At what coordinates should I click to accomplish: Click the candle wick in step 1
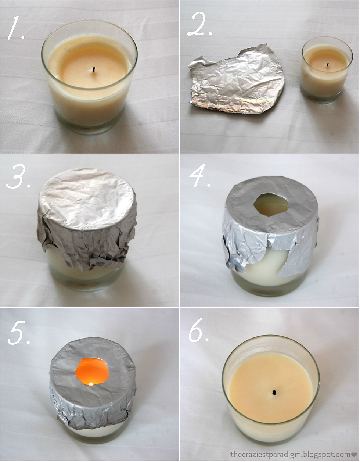tap(94, 69)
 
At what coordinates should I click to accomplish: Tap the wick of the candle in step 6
tap(274, 392)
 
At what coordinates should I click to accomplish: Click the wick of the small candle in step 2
tap(328, 64)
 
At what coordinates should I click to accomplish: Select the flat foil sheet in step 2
tap(236, 80)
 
